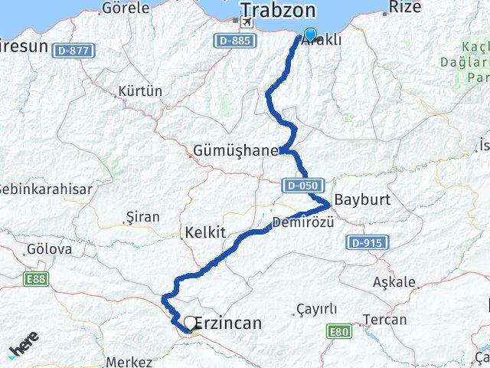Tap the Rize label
[x=405, y=8]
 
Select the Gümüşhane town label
[x=238, y=151]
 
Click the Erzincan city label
[x=227, y=324]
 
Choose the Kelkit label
[x=205, y=231]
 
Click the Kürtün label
[x=140, y=91]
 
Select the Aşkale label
[x=394, y=281]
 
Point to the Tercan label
[x=384, y=319]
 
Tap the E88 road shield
[x=35, y=278]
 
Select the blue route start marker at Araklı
[x=309, y=34]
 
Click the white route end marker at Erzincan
[x=189, y=323]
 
